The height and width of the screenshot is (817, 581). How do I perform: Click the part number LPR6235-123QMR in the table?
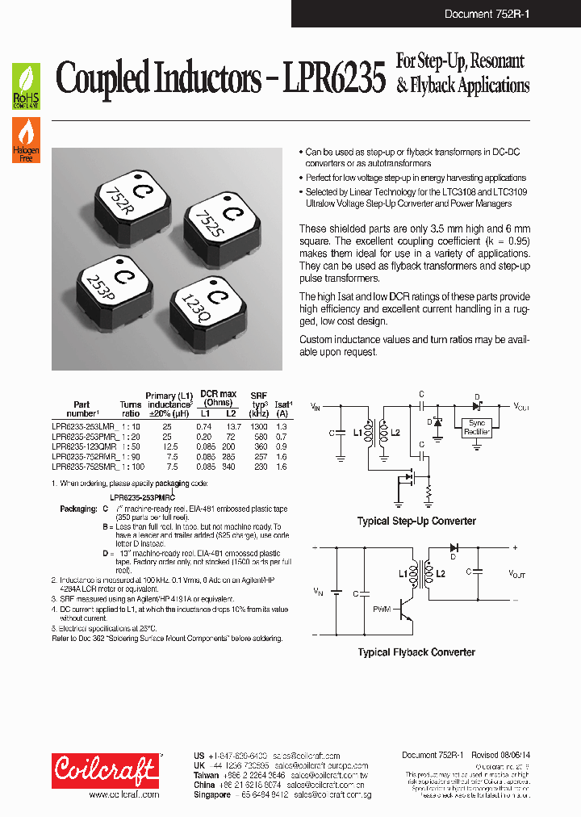click(x=84, y=446)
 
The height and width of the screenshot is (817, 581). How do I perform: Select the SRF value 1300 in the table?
click(x=259, y=425)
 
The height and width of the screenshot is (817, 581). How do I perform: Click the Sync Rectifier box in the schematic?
click(x=476, y=427)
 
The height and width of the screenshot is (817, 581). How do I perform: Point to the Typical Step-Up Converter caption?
click(x=416, y=522)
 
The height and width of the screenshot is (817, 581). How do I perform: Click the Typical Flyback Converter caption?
click(x=416, y=652)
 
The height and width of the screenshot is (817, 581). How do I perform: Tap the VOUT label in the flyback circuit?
click(x=516, y=574)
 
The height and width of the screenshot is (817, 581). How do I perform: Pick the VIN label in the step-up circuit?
click(x=316, y=408)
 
